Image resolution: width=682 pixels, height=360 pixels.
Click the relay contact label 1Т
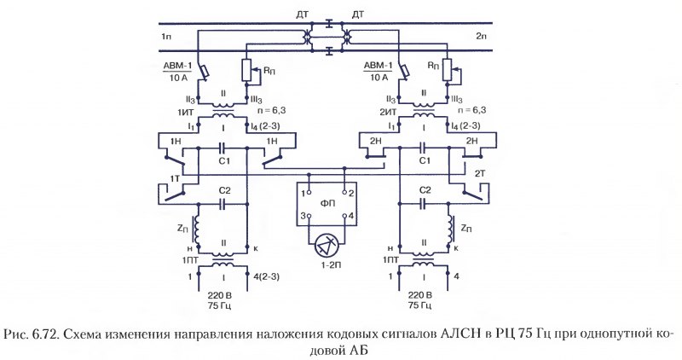[176, 179]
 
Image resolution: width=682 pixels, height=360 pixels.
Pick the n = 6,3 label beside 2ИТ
[471, 110]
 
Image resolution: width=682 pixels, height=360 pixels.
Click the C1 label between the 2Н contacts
[424, 160]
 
